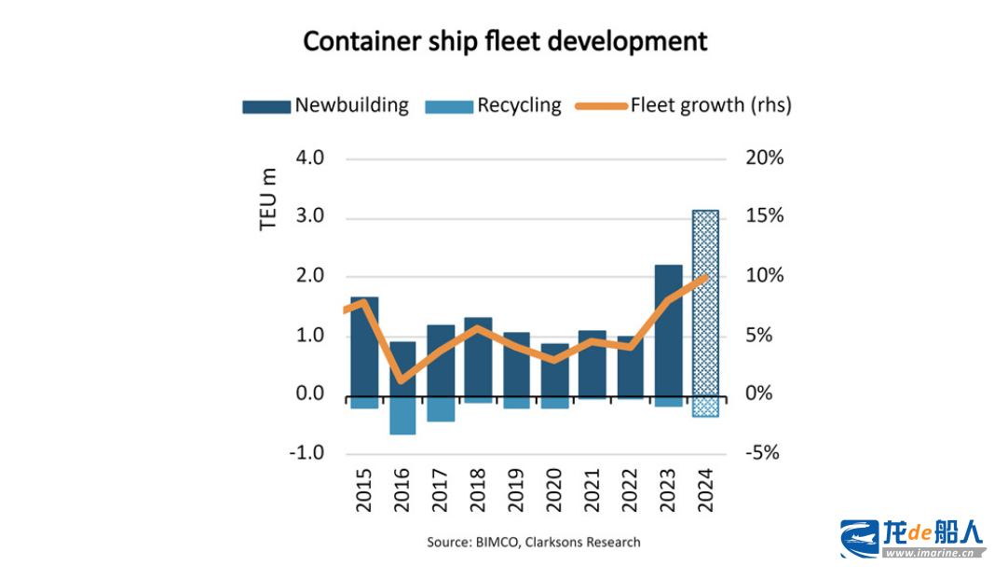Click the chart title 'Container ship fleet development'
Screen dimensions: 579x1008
pos(504,42)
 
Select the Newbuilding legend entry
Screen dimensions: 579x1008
pos(325,105)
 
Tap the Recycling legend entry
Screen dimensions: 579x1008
pos(494,105)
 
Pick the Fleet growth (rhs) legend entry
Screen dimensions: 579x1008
pos(684,105)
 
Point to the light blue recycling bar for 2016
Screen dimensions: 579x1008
pos(403,415)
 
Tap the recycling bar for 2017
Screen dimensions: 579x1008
pos(441,408)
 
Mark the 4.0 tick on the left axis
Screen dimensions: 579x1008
pos(310,158)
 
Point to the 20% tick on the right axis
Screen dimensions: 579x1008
pos(765,158)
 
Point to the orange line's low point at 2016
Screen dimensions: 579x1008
pos(401,380)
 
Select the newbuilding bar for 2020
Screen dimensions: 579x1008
pos(554,369)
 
